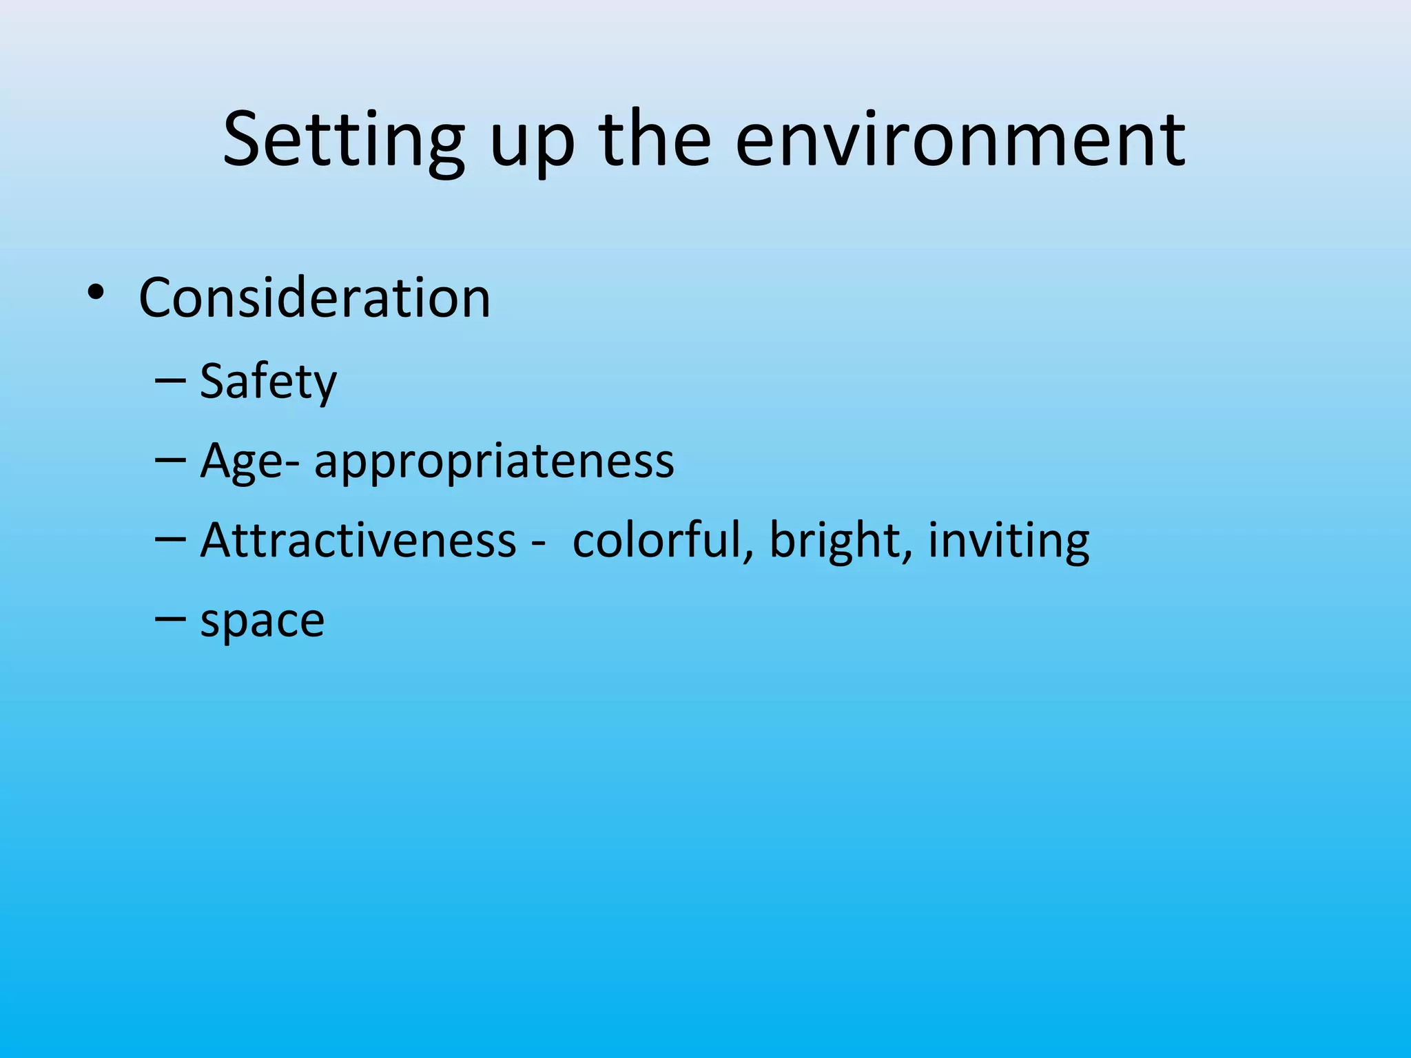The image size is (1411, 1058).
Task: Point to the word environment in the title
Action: pos(960,141)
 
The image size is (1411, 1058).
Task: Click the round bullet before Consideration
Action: pos(96,293)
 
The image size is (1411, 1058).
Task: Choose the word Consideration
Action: pos(314,298)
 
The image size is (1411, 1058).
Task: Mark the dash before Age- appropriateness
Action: pos(171,459)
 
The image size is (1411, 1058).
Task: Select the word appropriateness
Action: pos(494,461)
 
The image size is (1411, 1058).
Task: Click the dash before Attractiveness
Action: pos(171,539)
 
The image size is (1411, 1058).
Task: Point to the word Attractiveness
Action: pos(358,540)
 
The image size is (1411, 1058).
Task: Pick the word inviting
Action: pos(1009,541)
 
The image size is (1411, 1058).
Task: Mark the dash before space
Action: pos(171,619)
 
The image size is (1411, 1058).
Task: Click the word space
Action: pos(262,622)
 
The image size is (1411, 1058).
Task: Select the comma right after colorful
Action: pos(749,555)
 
